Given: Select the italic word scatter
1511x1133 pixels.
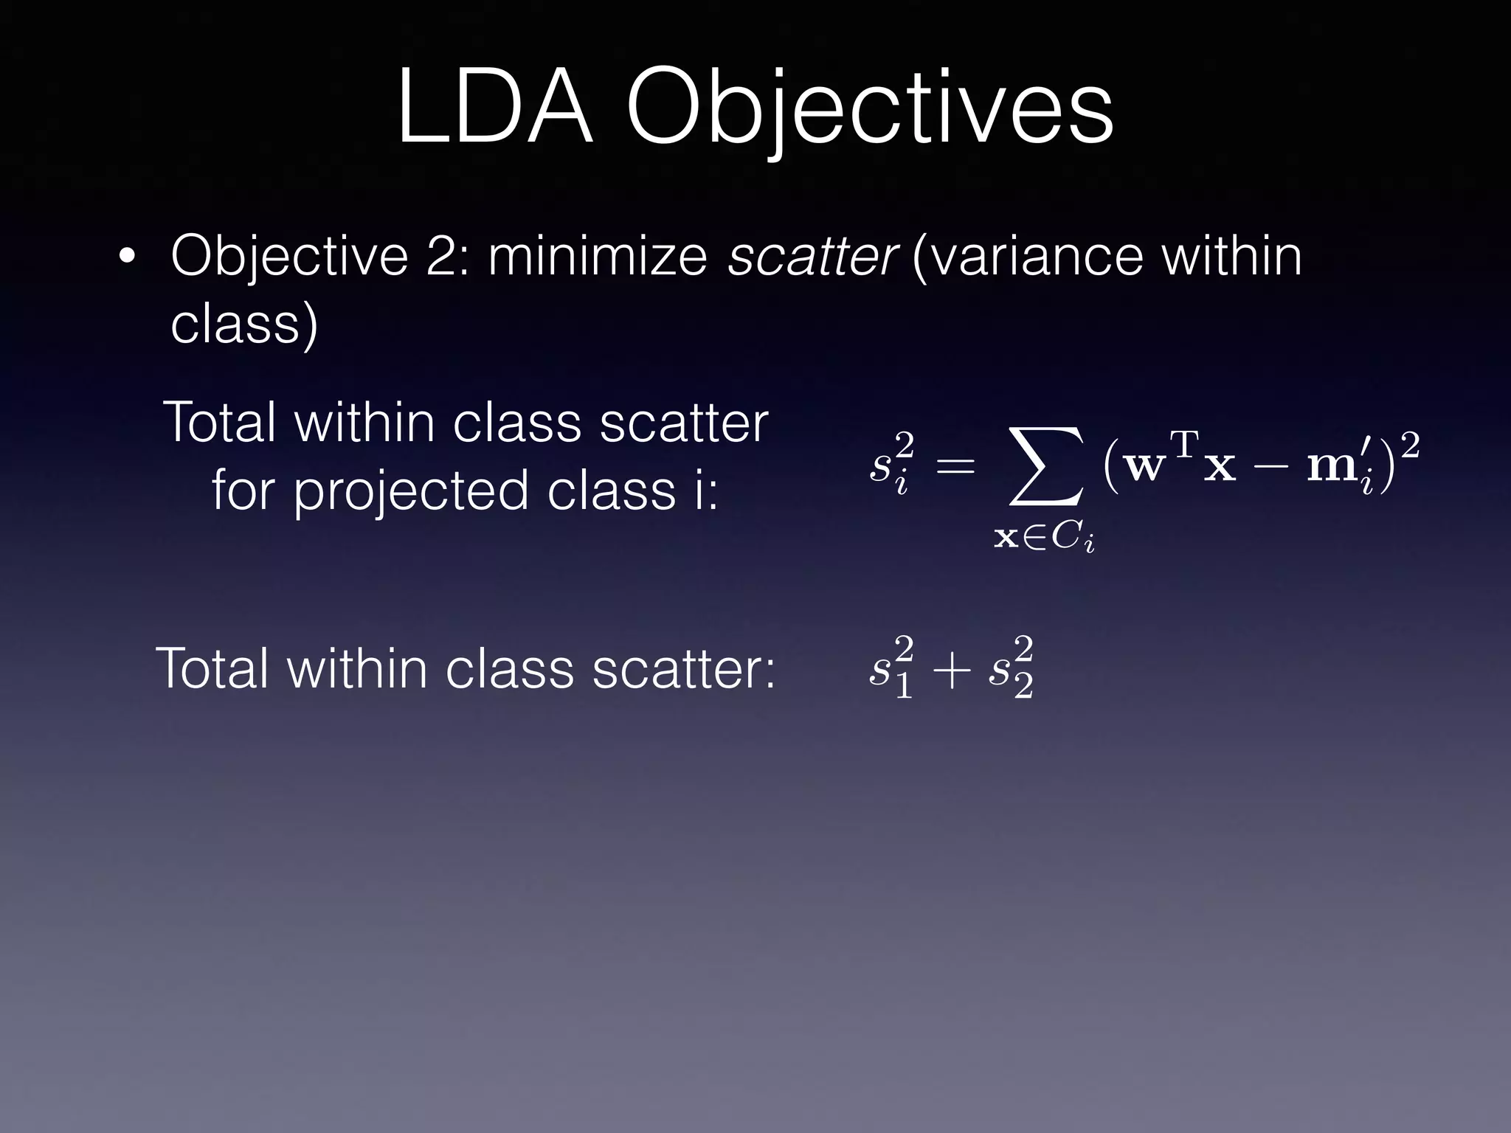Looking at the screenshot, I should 812,256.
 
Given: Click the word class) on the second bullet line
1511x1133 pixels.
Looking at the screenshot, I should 244,324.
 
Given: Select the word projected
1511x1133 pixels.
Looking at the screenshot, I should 411,491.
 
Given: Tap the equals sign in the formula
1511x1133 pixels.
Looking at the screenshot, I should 955,466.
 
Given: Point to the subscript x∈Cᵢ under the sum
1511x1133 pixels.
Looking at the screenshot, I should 1043,538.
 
